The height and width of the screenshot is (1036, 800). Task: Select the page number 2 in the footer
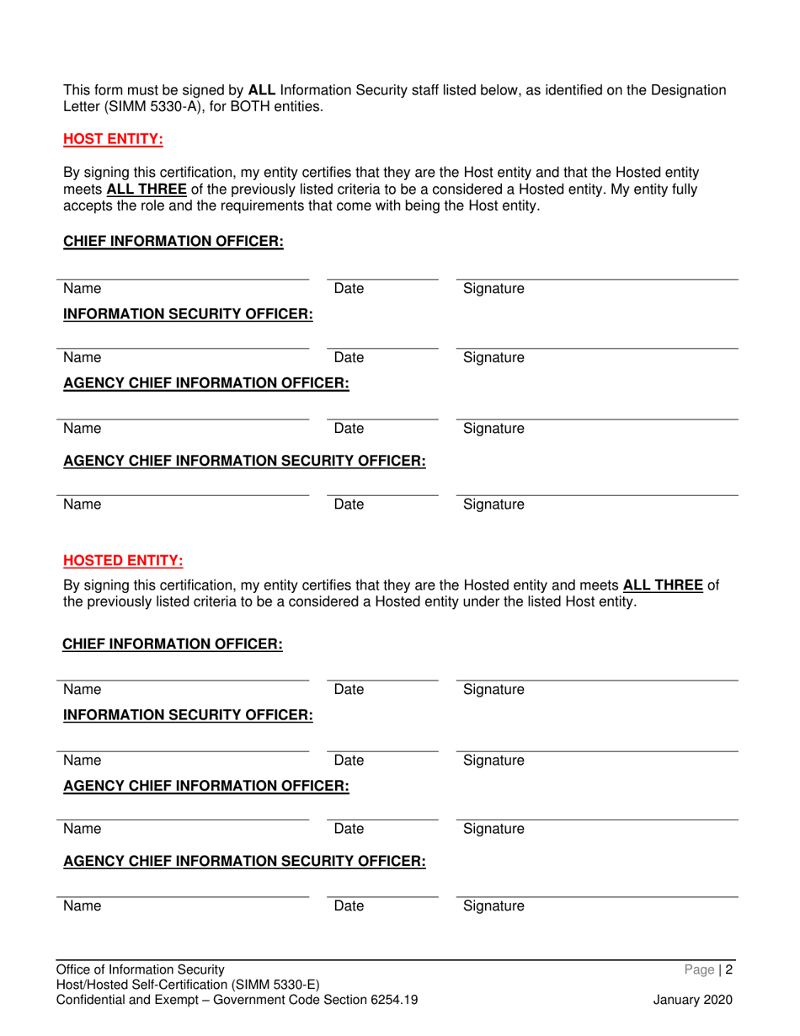pos(730,969)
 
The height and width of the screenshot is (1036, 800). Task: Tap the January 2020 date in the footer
pos(693,1000)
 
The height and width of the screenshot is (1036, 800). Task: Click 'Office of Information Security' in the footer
pos(141,969)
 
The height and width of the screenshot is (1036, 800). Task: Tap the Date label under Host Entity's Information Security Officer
pos(349,357)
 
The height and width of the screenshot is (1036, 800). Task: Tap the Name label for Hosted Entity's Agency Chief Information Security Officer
pos(83,906)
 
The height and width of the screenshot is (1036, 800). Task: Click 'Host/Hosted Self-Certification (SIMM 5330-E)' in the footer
pos(187,985)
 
